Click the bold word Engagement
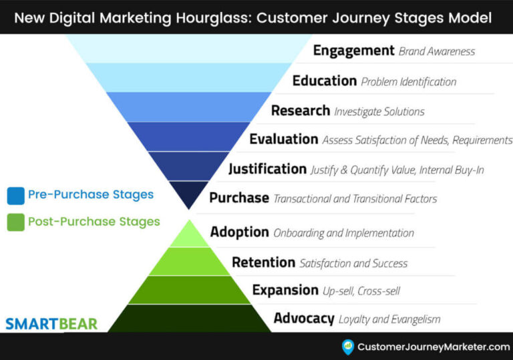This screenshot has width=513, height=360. coord(354,51)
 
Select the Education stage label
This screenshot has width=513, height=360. coord(325,81)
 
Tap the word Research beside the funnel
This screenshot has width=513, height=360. coord(301,110)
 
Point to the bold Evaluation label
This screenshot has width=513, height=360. coord(283,139)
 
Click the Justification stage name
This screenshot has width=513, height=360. coord(267,169)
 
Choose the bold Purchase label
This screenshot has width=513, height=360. coord(239,198)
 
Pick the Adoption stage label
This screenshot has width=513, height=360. coord(240,232)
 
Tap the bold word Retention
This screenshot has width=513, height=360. coord(263,262)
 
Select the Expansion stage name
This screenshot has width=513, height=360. coord(285,290)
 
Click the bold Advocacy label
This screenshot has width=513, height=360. coord(304,319)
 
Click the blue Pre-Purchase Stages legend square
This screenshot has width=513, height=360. coord(15,196)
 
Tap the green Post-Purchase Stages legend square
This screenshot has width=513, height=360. coord(15,222)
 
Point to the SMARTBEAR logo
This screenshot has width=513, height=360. coord(51,325)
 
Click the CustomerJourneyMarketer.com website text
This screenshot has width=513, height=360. coord(434,347)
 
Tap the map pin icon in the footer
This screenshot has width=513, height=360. coord(347,347)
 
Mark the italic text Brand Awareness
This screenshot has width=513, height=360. coord(436,51)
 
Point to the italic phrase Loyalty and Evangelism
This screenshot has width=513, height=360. coord(389,319)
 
